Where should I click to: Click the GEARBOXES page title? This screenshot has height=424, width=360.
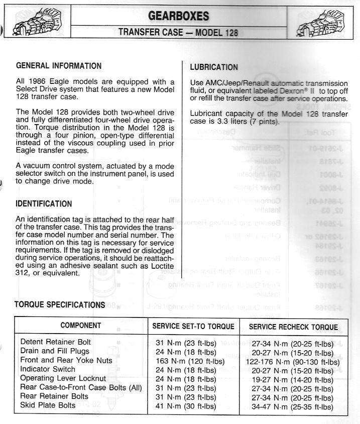[179, 16]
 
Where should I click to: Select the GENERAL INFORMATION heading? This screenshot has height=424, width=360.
[59, 66]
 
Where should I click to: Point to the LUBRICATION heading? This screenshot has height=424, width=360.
[214, 67]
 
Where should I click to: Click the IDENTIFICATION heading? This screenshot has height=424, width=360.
[44, 204]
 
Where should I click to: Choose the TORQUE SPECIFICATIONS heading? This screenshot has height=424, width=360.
[59, 304]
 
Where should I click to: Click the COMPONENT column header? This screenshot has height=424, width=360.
[80, 326]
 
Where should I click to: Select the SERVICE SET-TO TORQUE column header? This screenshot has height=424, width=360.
[193, 327]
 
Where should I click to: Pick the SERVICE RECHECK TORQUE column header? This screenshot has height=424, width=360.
[293, 327]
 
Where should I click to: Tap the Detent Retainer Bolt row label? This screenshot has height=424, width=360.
[56, 342]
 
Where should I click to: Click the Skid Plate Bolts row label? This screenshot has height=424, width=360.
[48, 405]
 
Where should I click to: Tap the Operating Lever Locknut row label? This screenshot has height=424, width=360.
[63, 378]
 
